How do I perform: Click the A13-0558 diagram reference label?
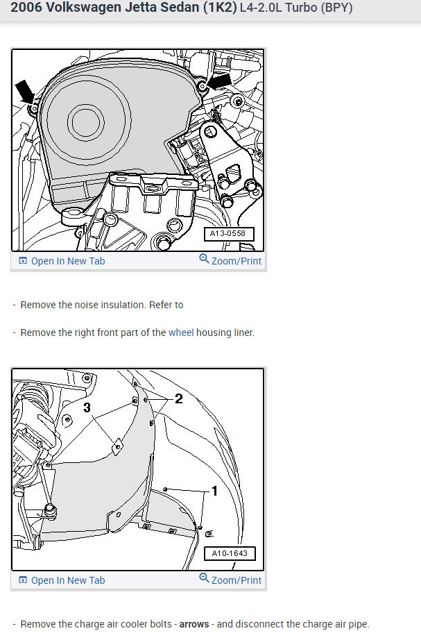(228, 235)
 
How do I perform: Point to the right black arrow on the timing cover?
(218, 82)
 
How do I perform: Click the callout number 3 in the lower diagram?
(87, 408)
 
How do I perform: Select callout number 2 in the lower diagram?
(178, 398)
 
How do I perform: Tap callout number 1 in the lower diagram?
(214, 491)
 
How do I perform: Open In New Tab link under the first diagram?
(68, 261)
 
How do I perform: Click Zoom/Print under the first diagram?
(237, 261)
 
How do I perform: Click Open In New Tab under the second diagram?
(68, 580)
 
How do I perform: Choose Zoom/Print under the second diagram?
(237, 580)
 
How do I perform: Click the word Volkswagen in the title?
(78, 8)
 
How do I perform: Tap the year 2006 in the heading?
(26, 8)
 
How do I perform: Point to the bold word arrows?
(194, 624)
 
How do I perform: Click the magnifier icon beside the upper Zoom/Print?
(204, 259)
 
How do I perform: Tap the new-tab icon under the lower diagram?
(23, 580)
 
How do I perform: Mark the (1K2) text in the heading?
(197, 8)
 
